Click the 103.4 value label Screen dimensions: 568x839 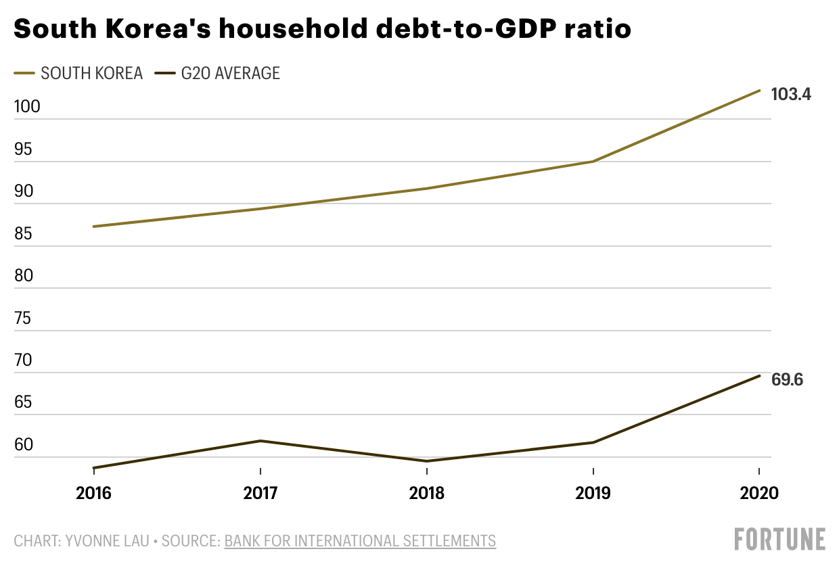click(791, 95)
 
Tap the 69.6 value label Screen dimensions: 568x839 click(788, 379)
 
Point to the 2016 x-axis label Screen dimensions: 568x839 click(94, 493)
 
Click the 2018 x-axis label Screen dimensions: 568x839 click(427, 493)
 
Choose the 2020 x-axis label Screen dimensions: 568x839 click(760, 493)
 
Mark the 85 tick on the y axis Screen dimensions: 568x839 click(23, 234)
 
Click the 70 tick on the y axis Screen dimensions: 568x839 click(23, 360)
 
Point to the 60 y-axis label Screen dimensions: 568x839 click(23, 445)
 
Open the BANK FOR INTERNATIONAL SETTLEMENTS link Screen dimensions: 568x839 click(360, 541)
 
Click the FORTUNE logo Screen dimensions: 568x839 click(780, 540)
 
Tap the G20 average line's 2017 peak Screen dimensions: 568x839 click(260, 441)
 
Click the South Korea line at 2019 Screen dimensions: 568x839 click(593, 162)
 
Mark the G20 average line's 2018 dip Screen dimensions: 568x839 click(427, 461)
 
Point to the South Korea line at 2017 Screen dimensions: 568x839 click(260, 208)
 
